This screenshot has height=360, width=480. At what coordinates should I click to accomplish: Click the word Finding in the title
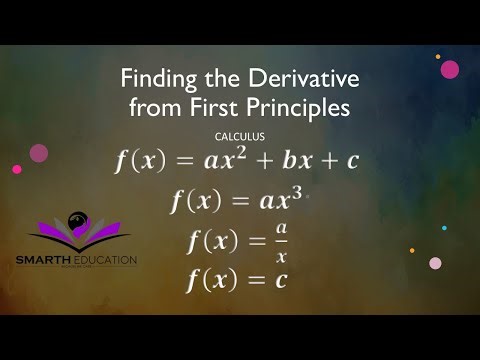tap(153, 78)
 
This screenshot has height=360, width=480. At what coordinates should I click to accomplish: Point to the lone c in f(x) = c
tap(281, 279)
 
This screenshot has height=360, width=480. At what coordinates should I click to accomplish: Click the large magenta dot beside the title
tap(450, 69)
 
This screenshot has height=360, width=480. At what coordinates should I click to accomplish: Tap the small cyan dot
tap(444, 228)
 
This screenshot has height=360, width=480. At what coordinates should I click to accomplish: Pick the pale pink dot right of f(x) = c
tap(435, 263)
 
